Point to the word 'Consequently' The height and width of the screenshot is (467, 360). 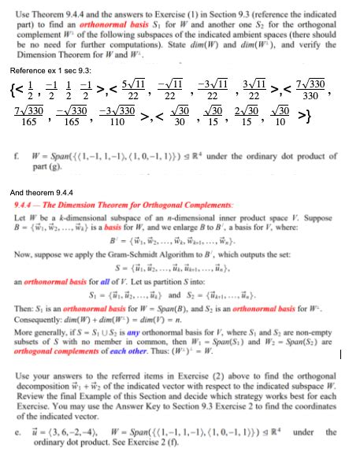37,323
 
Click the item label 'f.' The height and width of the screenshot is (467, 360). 15,158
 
